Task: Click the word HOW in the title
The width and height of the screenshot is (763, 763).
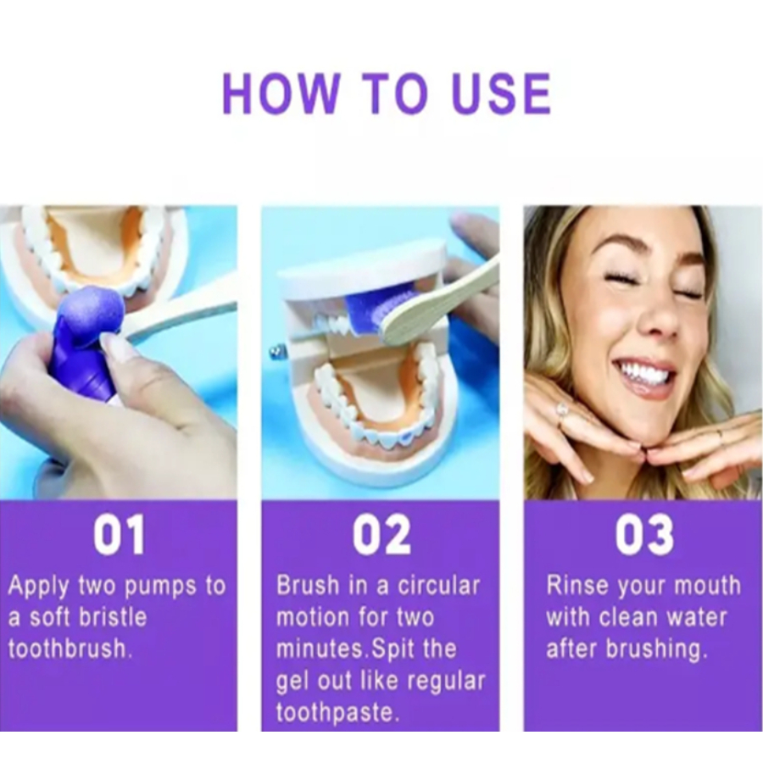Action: coord(281,93)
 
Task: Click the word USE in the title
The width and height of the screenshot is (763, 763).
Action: coord(501,93)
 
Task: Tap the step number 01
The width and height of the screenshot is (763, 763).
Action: coord(120,534)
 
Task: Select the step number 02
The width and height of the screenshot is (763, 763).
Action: coord(381,534)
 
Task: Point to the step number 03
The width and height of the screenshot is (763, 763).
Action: coord(644,534)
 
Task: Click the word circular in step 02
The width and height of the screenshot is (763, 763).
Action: coord(439,585)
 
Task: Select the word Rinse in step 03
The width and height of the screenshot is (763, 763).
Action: coord(577,585)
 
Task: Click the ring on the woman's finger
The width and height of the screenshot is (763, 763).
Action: coord(564,409)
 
